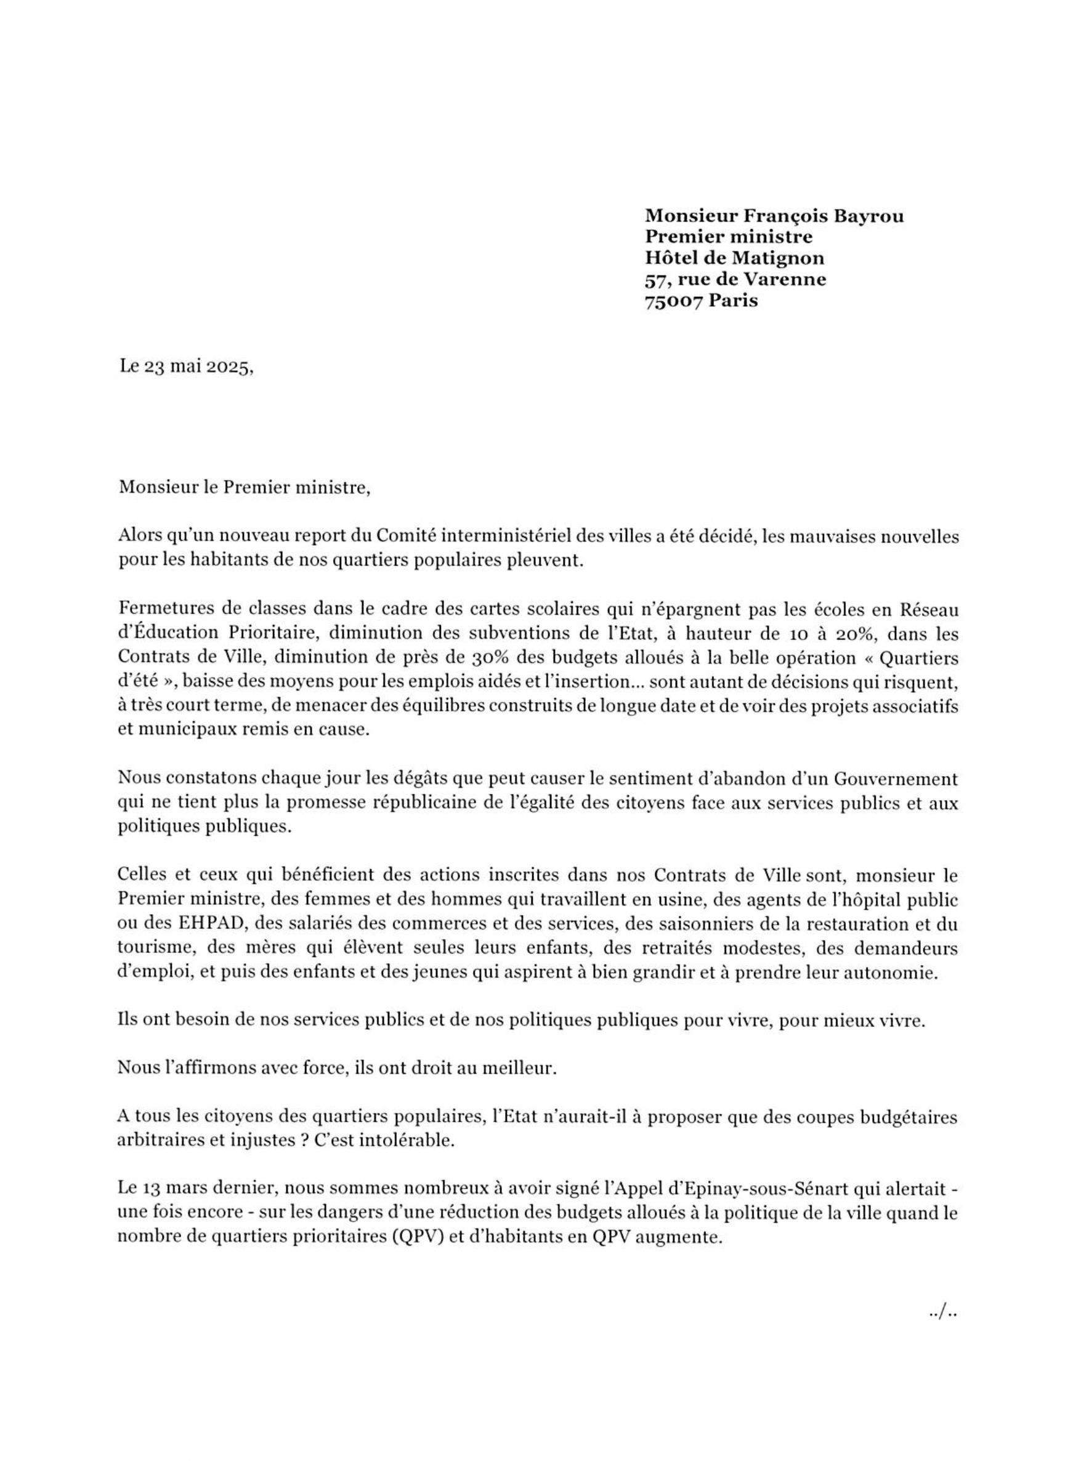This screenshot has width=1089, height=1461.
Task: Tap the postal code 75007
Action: pyautogui.click(x=674, y=301)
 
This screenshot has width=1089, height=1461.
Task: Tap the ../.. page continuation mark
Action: pyautogui.click(x=942, y=1313)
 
